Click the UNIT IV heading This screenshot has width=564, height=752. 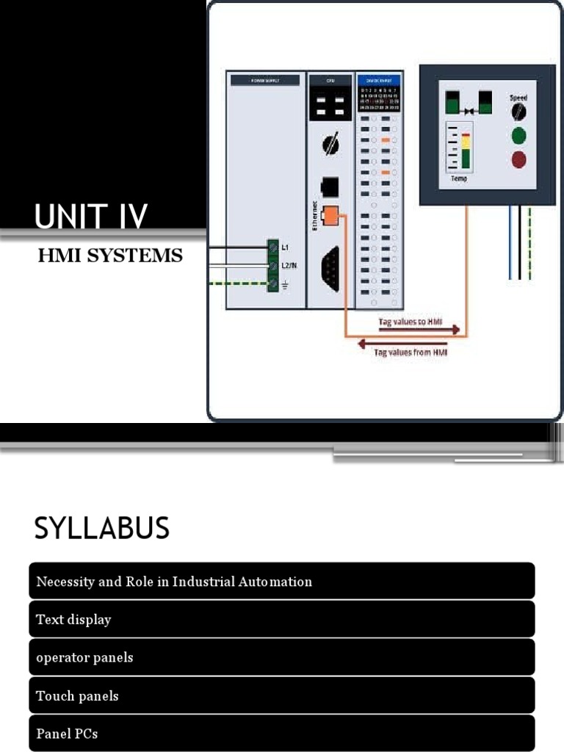(91, 217)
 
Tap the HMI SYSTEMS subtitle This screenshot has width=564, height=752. (110, 256)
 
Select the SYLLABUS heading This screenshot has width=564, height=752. (102, 528)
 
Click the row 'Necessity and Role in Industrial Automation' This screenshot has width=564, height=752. (282, 582)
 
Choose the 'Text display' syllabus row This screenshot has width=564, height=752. (282, 620)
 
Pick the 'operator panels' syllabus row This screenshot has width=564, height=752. (282, 658)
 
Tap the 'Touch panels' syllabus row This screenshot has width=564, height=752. (282, 696)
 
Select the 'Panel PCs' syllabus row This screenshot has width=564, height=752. (282, 734)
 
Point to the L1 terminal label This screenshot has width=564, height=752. (285, 248)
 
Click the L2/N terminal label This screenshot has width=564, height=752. (289, 265)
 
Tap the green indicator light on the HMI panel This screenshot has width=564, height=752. (518, 135)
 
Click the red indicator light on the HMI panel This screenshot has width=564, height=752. (518, 159)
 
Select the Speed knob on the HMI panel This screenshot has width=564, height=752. (518, 111)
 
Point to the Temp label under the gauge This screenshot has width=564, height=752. (459, 178)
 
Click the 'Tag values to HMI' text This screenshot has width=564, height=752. (408, 322)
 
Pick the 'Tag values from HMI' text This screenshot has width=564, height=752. (411, 352)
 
